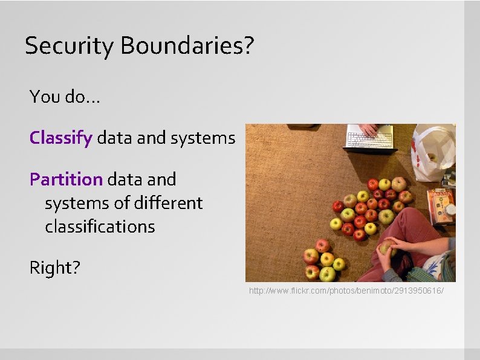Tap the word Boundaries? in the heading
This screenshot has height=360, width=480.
pyautogui.click(x=187, y=45)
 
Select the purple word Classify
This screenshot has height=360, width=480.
pyautogui.click(x=60, y=138)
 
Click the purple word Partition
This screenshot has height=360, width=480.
pyautogui.click(x=66, y=179)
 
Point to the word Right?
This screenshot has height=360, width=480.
pyautogui.click(x=54, y=268)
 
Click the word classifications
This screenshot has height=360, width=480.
pyautogui.click(x=100, y=227)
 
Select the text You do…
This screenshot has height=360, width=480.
pyautogui.click(x=65, y=96)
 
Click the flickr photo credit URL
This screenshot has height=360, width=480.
pyautogui.click(x=346, y=291)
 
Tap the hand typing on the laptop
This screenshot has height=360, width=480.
pyautogui.click(x=369, y=129)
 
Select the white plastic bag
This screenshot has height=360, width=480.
pyautogui.click(x=433, y=152)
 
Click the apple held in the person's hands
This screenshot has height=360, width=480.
pyautogui.click(x=386, y=246)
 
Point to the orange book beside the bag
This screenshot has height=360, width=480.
pyautogui.click(x=441, y=205)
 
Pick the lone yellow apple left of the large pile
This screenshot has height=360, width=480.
pyautogui.click(x=336, y=223)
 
